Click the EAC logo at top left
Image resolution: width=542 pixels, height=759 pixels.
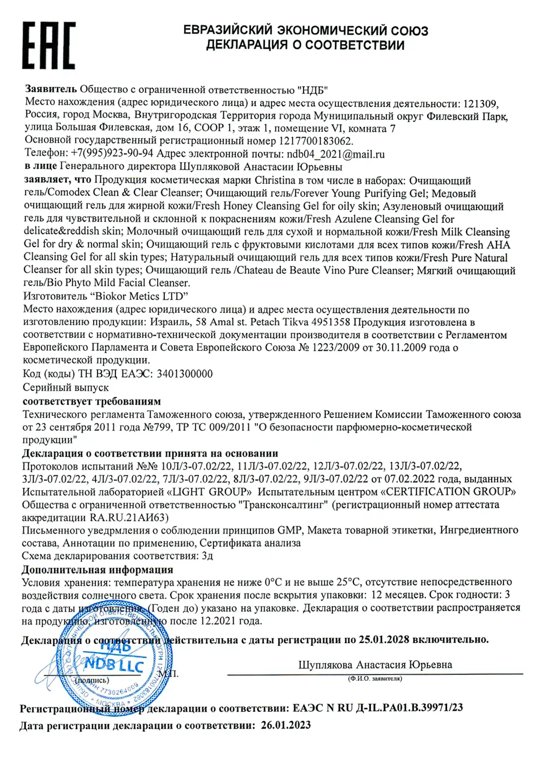(x=49, y=46)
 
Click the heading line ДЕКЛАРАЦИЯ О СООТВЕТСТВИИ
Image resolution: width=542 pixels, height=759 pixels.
(x=305, y=45)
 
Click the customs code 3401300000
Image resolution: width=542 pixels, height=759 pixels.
(x=184, y=374)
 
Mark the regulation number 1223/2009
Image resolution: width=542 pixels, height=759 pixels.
(x=335, y=348)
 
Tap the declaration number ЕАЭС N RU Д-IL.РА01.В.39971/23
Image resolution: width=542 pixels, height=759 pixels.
(x=378, y=708)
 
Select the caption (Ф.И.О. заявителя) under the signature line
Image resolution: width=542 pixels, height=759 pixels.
(x=375, y=679)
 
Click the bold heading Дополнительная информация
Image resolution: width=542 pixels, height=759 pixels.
(x=98, y=570)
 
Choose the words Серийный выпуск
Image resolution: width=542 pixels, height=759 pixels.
(x=66, y=388)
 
